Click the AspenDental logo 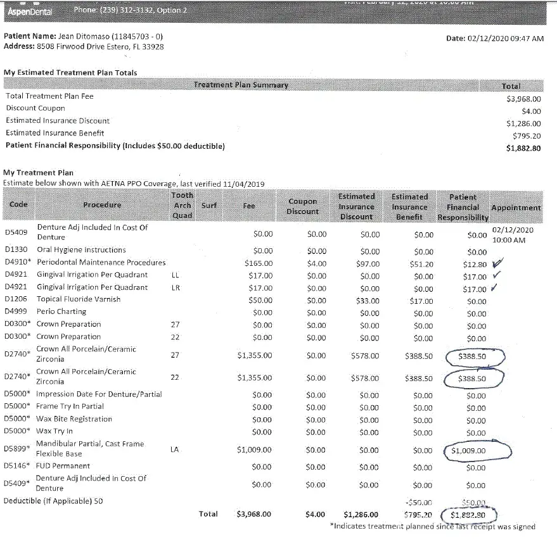(x=29, y=11)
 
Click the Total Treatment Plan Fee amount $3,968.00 (x=523, y=99)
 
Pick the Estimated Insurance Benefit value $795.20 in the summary (x=527, y=135)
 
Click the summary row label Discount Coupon (x=35, y=108)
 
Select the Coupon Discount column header (x=302, y=206)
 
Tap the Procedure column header (x=101, y=205)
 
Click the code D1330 (x=15, y=250)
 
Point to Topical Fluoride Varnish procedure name (x=79, y=299)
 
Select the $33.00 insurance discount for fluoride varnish (x=368, y=301)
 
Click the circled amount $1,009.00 (x=468, y=451)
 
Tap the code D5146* (x=16, y=466)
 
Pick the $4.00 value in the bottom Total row (x=315, y=515)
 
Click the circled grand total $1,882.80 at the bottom (x=468, y=515)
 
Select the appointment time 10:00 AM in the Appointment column (x=509, y=241)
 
